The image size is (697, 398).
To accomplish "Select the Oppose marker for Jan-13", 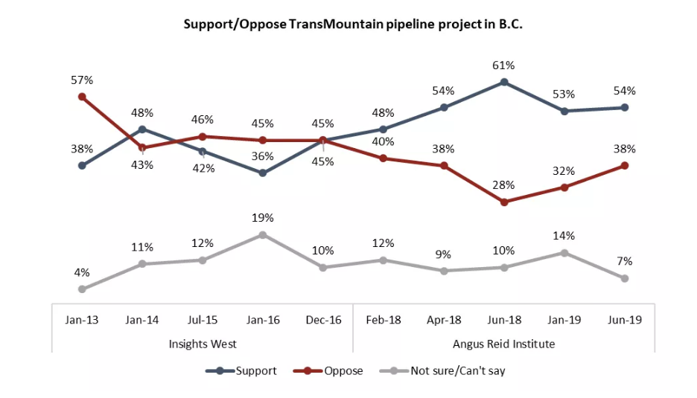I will pos(82,96).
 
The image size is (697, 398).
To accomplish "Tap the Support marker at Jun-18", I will pos(504,82).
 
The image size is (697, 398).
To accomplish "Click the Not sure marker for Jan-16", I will pos(263,234).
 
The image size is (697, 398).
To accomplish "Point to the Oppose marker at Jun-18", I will pos(504,202).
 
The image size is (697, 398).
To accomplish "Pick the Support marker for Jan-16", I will pos(263,173).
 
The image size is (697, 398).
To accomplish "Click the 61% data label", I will pos(504,65).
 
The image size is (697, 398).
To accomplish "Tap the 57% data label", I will pos(82,78).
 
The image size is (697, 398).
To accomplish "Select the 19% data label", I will pos(263,218).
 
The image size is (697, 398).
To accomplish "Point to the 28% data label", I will pos(504,185).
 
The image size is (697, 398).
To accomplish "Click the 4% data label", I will pos(82,272).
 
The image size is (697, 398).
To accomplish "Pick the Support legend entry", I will pos(246,370).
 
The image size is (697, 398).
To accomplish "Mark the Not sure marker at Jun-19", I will pos(624,278).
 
